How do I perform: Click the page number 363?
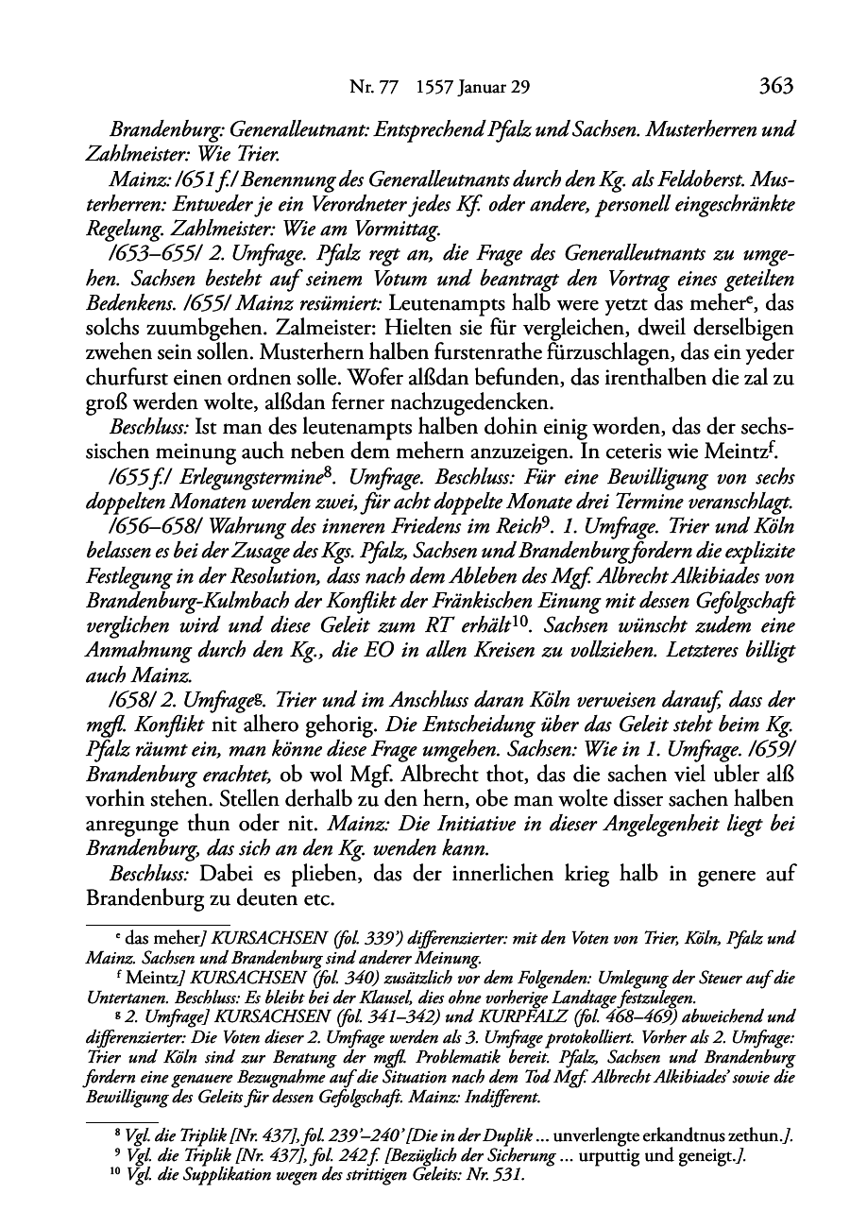click(x=774, y=87)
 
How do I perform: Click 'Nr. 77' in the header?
click(x=369, y=88)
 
